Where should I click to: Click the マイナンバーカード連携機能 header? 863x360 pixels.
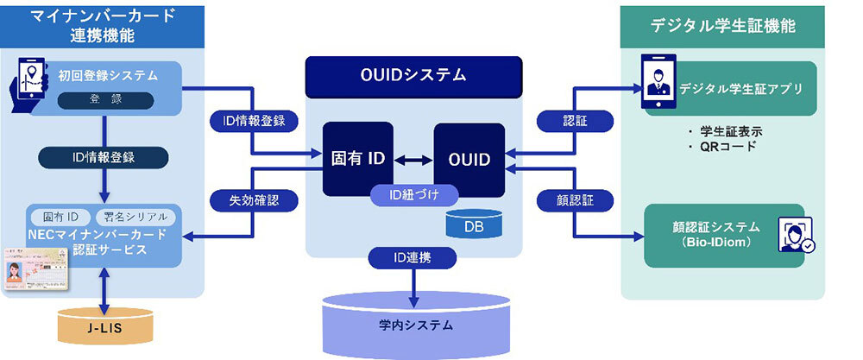103,26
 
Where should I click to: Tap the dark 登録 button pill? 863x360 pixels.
106,100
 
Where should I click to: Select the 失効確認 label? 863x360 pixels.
254,200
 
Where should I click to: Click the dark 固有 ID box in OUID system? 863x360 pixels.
357,159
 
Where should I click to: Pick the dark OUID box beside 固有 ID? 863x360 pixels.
469,159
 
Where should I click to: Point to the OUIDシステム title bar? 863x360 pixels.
413,75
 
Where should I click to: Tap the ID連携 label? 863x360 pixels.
413,258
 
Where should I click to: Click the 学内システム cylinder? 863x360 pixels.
413,324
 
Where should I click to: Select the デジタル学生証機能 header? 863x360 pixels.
722,26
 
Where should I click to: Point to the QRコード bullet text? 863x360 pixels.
726,146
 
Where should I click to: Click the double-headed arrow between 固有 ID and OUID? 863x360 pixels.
413,160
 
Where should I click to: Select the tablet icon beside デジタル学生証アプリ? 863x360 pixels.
658,85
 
